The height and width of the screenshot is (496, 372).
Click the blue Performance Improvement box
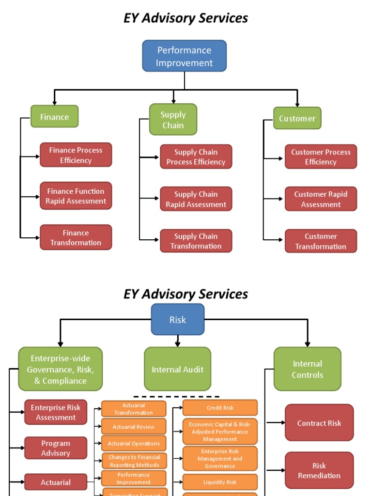click(x=184, y=56)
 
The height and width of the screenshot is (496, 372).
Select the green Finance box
click(x=54, y=117)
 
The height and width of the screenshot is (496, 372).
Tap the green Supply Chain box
click(x=173, y=120)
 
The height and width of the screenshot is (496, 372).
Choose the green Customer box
click(x=297, y=118)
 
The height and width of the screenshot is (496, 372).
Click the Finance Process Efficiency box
click(x=76, y=155)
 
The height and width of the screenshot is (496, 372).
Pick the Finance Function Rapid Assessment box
click(x=76, y=196)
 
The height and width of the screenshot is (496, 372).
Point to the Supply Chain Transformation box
click(x=196, y=241)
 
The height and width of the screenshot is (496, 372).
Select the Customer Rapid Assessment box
click(x=321, y=199)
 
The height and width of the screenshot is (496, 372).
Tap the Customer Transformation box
click(x=321, y=241)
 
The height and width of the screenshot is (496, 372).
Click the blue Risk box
click(x=177, y=320)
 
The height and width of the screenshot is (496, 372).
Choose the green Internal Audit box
click(x=177, y=370)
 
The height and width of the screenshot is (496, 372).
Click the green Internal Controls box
click(x=307, y=369)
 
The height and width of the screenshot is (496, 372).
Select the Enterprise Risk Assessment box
click(x=56, y=412)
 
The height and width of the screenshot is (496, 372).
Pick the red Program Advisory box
click(x=56, y=448)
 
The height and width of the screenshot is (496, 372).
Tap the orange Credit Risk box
click(x=220, y=408)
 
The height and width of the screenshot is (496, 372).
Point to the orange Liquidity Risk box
click(x=220, y=482)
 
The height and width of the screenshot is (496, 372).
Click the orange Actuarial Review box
click(x=134, y=427)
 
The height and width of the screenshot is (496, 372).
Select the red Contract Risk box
click(x=319, y=423)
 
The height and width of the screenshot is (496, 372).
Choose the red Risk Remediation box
click(x=319, y=470)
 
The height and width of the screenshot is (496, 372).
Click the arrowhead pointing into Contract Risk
click(x=283, y=423)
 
